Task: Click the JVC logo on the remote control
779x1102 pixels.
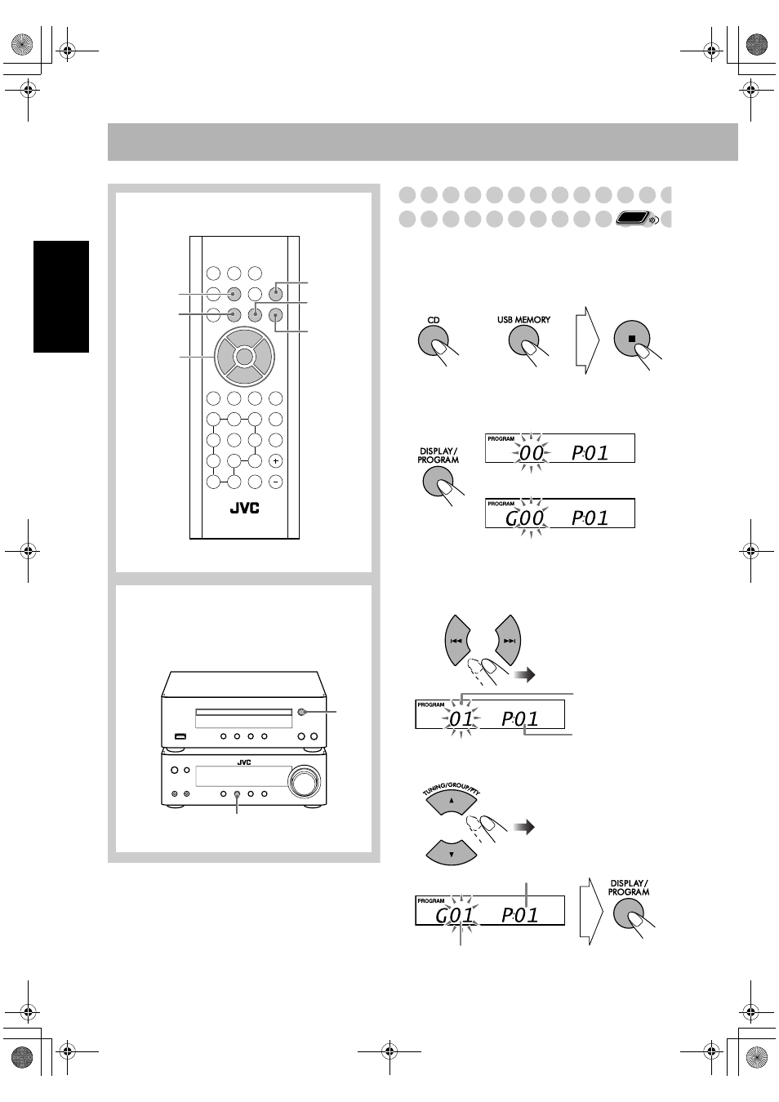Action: (245, 509)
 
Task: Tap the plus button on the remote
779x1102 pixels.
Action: (275, 461)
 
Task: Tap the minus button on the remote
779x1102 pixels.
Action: (275, 482)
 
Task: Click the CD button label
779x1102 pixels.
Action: (434, 320)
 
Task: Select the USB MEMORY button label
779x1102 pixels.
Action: (523, 320)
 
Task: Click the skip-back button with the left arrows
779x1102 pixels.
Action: (457, 640)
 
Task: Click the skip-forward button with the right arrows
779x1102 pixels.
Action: (509, 640)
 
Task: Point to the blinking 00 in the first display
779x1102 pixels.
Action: (531, 452)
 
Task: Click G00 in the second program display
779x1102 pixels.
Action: (524, 518)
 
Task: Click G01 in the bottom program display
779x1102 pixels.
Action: (454, 915)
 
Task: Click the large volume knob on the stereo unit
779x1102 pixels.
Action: (304, 780)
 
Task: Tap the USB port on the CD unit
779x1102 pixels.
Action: (180, 736)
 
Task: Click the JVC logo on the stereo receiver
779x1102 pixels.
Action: (244, 762)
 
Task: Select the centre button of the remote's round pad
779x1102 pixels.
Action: (244, 356)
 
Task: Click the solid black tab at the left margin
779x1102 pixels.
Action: (61, 296)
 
